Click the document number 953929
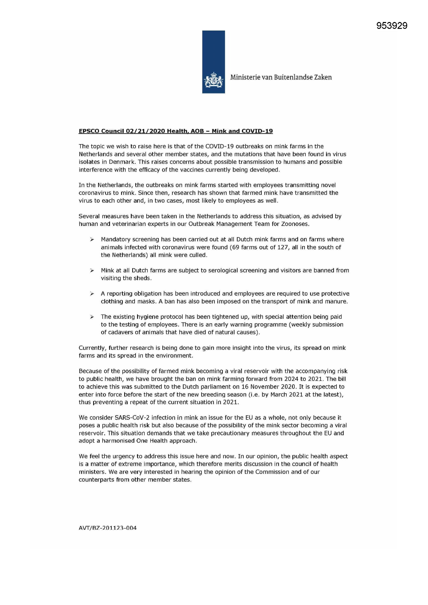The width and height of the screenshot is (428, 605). tap(392, 26)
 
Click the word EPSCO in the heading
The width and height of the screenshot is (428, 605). tap(89, 131)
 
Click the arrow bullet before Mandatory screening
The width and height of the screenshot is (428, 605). tap(92, 240)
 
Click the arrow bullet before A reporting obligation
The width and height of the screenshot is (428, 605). tap(92, 293)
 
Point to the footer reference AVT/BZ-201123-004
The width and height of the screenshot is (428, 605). tap(108, 528)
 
